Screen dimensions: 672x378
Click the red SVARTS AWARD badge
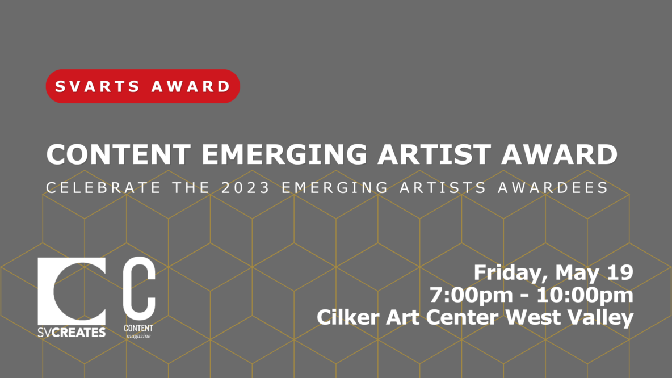[x=142, y=86]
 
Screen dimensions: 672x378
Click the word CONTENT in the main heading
[x=119, y=154]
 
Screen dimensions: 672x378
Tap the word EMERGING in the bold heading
[x=284, y=154]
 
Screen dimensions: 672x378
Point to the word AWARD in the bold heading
[x=559, y=154]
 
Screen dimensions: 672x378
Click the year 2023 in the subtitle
[x=246, y=188]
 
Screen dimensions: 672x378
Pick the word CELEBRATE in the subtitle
[x=104, y=188]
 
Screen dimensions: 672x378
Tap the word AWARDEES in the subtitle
[x=553, y=188]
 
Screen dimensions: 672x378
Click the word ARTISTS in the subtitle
[x=443, y=188]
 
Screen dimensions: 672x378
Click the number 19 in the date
[x=620, y=272]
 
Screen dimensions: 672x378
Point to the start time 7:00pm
[x=471, y=295]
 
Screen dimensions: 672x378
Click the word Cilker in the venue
[x=347, y=318]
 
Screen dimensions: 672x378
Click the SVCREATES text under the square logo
[x=72, y=332]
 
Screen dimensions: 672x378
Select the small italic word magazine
[x=138, y=336]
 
